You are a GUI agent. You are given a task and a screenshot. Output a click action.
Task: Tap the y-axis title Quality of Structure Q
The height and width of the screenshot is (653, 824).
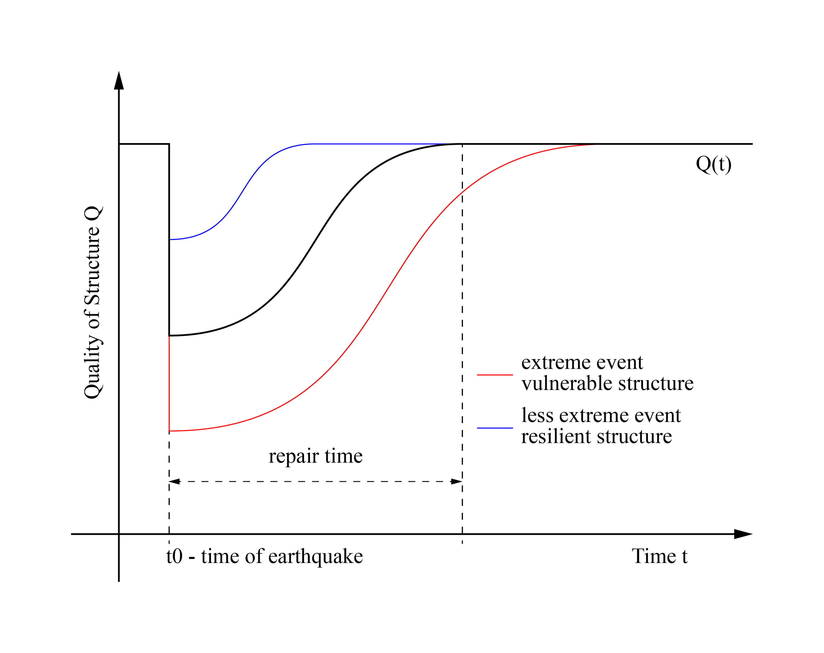93,302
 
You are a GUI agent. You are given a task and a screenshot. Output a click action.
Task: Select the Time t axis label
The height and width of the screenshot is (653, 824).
659,556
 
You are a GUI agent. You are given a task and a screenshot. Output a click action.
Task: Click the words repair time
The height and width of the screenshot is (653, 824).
315,456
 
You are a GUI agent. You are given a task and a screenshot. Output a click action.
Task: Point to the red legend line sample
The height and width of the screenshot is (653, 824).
495,375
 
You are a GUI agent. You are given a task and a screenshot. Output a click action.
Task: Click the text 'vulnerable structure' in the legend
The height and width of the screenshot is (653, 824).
607,383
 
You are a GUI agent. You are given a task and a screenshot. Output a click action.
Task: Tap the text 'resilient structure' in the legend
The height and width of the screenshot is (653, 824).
596,436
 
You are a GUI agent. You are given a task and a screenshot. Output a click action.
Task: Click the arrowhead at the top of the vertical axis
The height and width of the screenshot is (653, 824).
119,81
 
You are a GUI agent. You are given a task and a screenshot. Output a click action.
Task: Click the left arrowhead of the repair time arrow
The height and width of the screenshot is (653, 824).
174,482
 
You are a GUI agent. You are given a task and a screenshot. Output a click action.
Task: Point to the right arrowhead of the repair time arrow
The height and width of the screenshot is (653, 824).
457,482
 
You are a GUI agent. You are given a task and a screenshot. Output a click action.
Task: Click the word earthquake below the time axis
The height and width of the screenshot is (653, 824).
315,556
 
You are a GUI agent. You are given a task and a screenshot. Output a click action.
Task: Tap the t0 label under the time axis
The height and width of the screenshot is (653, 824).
174,556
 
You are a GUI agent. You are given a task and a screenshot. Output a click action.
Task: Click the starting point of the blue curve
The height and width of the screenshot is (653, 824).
170,239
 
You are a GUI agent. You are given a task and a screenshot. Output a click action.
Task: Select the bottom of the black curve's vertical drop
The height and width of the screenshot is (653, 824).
169,336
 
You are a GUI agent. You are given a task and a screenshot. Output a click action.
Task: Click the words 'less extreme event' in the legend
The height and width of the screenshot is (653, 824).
601,415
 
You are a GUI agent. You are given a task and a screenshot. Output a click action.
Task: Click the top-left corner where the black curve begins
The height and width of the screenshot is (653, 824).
119,144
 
